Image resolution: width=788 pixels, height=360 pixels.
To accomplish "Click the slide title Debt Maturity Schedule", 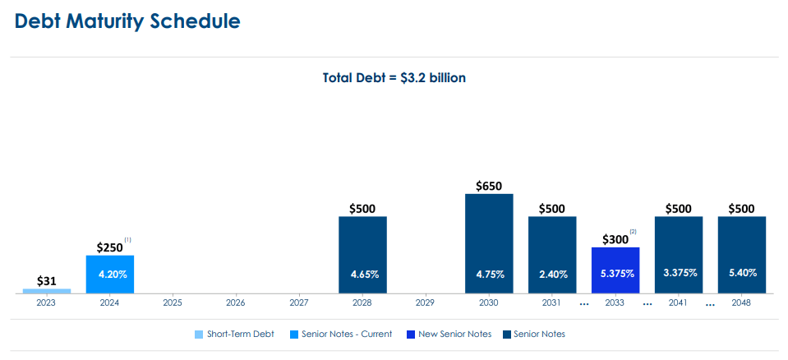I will coord(127,22).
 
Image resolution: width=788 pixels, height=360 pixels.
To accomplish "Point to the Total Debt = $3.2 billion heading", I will coord(394,78).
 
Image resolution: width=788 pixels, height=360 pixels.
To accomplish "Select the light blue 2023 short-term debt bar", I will coord(46,290).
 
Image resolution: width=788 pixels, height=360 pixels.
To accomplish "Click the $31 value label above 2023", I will coord(46,281).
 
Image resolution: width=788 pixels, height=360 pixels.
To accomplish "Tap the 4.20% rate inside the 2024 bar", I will coord(109,274).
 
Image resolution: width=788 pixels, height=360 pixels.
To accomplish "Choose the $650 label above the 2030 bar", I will coord(489,187).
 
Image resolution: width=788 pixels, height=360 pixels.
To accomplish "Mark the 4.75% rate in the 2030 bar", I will coord(489,274).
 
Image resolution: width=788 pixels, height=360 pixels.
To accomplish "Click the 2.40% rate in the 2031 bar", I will coord(552,274).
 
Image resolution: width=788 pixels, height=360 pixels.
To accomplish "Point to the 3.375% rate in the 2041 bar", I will coord(679,273).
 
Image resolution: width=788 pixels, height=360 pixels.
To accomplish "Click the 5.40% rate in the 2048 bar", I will coord(742,273).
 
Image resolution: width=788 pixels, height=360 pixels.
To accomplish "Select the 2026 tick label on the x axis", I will coord(236,303).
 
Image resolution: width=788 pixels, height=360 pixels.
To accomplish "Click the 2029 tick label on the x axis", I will coord(425,303).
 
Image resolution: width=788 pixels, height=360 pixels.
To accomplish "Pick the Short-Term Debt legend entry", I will coord(240,334).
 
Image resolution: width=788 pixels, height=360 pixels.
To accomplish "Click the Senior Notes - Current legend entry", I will coord(346,334).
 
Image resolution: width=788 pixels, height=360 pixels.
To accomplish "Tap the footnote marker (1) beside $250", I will coord(128,239).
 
